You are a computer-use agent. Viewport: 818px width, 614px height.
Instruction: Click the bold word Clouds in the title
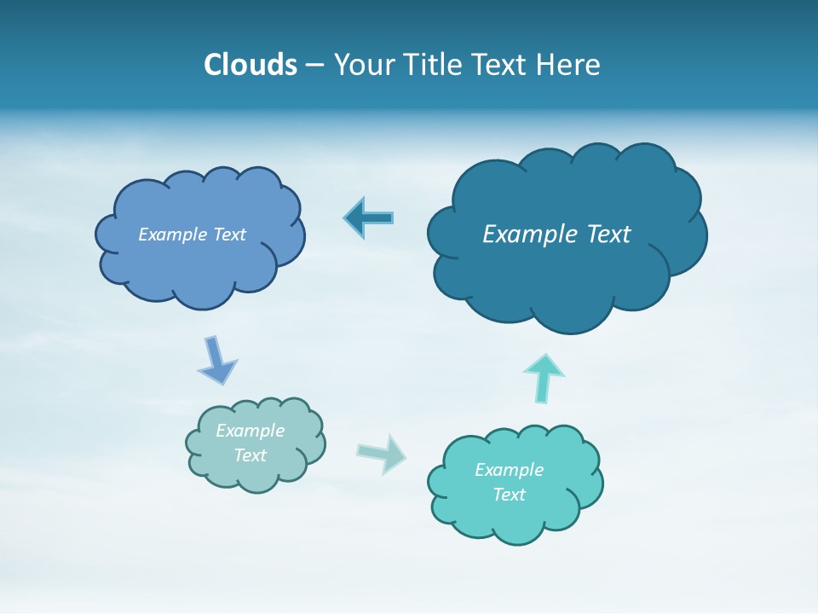[x=251, y=65]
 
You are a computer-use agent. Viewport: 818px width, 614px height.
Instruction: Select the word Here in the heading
[x=569, y=65]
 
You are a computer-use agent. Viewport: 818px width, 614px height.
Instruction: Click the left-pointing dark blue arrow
[x=369, y=217]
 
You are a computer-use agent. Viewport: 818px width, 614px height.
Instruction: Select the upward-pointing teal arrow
[x=543, y=378]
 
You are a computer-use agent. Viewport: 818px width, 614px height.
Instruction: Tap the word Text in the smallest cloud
[x=251, y=455]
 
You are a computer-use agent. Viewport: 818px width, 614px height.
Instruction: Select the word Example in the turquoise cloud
[x=509, y=470]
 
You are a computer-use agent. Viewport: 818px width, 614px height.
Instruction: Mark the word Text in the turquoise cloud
[x=510, y=495]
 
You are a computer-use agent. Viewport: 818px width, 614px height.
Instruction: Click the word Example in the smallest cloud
[x=251, y=431]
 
